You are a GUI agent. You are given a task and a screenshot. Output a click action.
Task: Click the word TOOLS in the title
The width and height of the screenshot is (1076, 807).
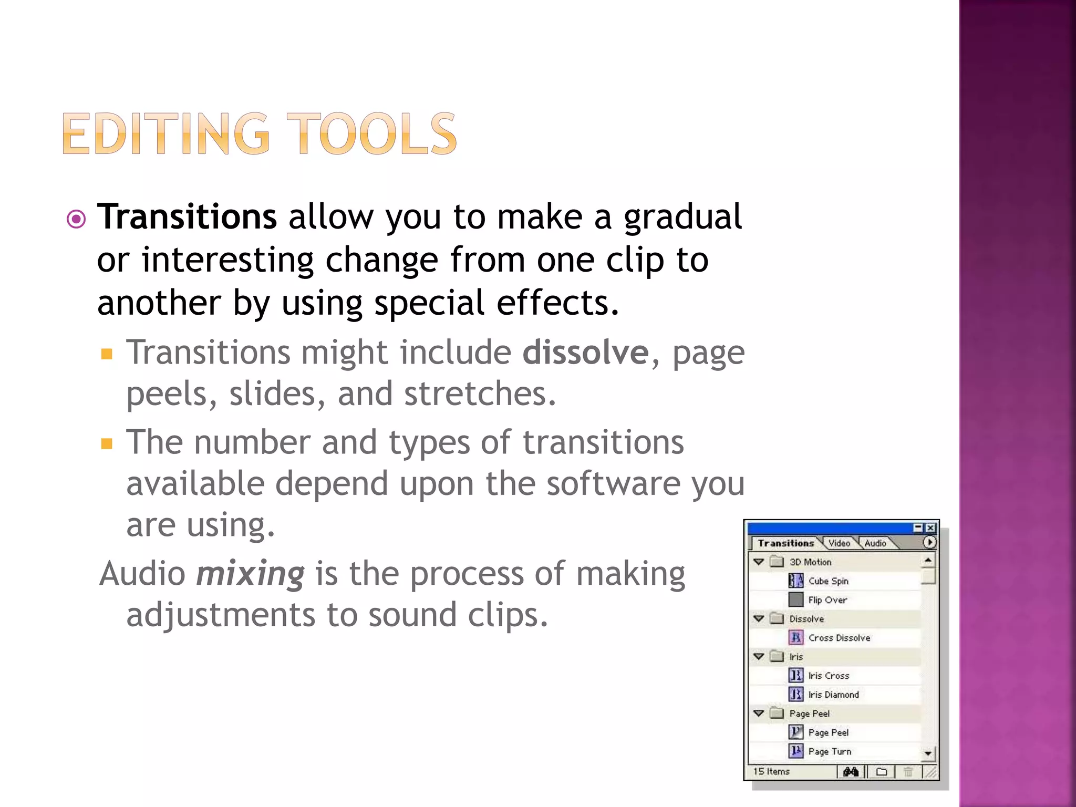371,134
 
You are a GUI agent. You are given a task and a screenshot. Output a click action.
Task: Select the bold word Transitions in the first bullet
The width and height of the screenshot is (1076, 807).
187,216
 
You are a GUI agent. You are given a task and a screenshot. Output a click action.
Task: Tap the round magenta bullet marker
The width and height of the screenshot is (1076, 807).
77,219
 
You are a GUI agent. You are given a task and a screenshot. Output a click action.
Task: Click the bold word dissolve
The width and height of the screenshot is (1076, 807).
585,352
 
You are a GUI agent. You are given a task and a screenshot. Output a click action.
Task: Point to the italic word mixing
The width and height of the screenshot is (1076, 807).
250,573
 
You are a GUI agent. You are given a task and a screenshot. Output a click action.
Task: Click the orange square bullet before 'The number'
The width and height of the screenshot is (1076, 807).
107,444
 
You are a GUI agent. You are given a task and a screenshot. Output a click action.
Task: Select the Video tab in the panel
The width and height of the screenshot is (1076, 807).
839,543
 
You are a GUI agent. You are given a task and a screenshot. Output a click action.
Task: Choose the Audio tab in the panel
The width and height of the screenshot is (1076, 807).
875,543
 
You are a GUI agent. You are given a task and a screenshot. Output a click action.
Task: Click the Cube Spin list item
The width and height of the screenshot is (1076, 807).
828,581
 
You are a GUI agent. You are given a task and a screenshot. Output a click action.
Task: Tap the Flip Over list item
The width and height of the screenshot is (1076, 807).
827,600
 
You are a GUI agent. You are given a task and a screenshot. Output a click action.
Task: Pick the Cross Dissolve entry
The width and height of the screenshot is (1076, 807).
839,638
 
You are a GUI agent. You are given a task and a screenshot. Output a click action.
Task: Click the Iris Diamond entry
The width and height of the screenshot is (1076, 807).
833,695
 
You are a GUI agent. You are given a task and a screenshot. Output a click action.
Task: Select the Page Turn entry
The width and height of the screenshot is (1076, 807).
830,751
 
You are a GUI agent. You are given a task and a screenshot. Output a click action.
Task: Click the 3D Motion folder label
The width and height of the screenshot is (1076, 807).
810,562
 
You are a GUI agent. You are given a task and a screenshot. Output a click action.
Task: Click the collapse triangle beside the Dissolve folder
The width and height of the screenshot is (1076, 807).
759,619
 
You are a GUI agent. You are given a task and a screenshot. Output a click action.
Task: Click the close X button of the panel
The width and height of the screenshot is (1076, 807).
930,528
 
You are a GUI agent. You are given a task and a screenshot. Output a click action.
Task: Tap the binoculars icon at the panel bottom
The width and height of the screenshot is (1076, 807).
851,772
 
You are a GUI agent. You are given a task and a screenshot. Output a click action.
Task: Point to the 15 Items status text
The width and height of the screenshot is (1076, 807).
771,771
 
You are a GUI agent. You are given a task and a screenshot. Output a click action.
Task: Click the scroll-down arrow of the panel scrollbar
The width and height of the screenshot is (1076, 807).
928,753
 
